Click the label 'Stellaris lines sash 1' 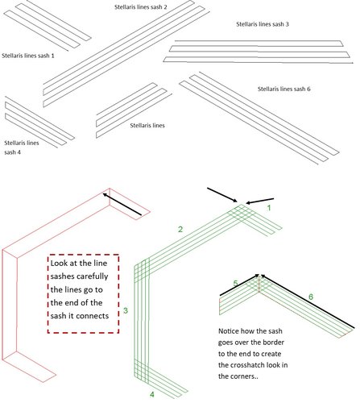coord(28,56)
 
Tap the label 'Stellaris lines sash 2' coord(141,7)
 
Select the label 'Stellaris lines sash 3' coord(263,24)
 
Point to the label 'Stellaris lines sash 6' coord(284,89)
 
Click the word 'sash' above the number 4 coord(10,152)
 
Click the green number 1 coord(269,208)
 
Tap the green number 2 coord(180,229)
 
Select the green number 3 coord(126,310)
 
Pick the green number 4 coord(152,394)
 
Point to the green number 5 coord(235,283)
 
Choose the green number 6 coord(311,297)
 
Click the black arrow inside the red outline coord(122,204)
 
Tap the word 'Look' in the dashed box coord(60,263)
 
